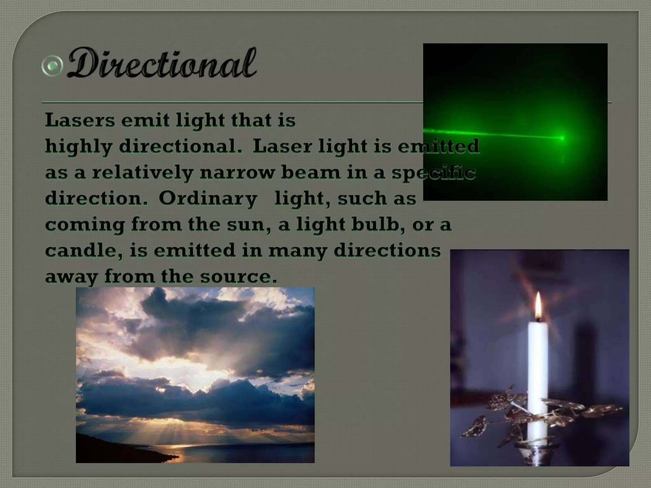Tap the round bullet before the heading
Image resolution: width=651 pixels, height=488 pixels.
52,66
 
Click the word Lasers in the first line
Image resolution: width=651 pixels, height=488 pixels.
80,120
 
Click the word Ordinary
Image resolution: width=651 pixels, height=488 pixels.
208,199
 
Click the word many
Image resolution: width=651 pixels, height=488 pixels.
297,251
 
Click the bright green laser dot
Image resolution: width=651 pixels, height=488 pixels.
562,138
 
